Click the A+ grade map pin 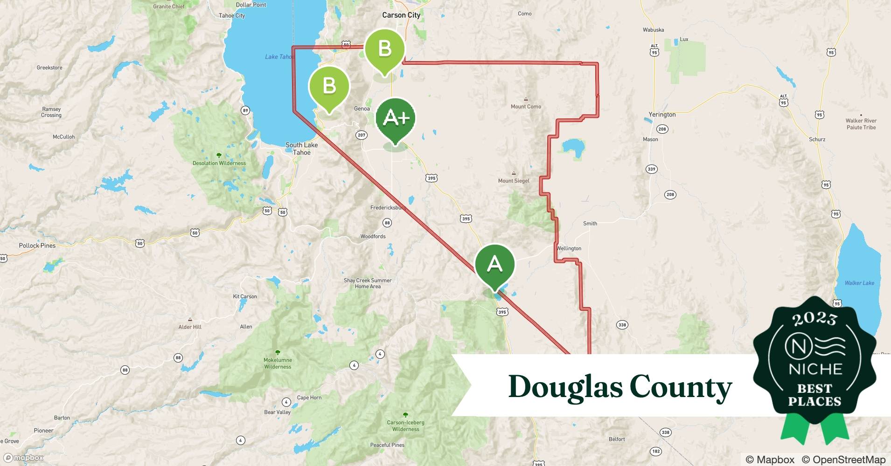click(x=395, y=119)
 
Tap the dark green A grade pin click(x=494, y=264)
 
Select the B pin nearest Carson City click(x=384, y=49)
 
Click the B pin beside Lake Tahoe click(x=329, y=87)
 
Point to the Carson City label click(x=401, y=15)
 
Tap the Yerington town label click(x=662, y=115)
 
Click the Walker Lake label click(x=859, y=283)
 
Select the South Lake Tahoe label click(x=301, y=149)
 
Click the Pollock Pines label click(x=37, y=246)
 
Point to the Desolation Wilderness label click(x=219, y=163)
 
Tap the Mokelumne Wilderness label click(x=278, y=363)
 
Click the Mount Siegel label click(x=514, y=181)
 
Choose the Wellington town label click(x=569, y=248)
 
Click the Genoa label click(x=362, y=109)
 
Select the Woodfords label click(x=373, y=236)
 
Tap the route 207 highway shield click(x=362, y=135)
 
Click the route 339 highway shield click(x=652, y=169)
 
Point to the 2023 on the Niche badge click(x=814, y=319)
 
